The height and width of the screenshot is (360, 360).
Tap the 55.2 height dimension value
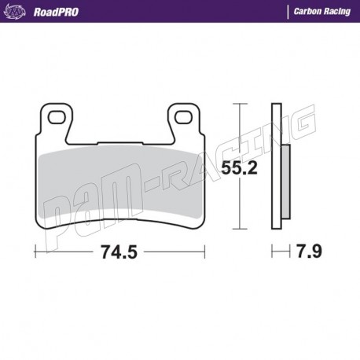click(x=239, y=168)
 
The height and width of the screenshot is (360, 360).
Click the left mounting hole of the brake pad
click(x=56, y=118)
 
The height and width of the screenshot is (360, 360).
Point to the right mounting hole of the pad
click(x=186, y=118)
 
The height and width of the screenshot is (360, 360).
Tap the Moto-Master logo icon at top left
click(x=16, y=12)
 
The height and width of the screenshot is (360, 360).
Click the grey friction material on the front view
click(x=118, y=189)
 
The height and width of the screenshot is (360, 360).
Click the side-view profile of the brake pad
click(x=275, y=169)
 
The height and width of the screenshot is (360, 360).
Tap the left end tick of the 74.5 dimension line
click(x=36, y=252)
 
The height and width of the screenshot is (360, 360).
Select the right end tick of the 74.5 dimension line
click(x=204, y=252)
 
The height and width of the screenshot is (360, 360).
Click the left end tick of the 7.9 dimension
click(x=272, y=252)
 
